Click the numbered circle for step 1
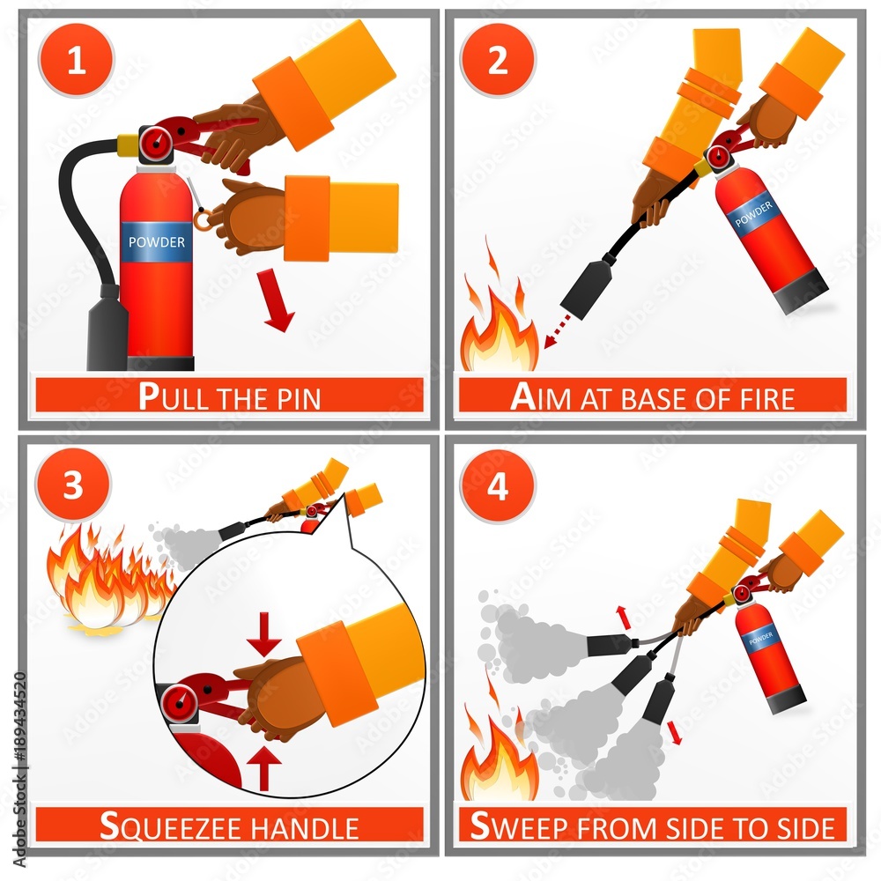(76, 60)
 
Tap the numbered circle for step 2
(498, 60)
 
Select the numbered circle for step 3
(73, 485)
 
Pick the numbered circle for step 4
(498, 485)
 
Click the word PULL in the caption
(174, 396)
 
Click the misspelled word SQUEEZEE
(171, 826)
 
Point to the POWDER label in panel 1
(157, 242)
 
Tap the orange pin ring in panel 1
(204, 219)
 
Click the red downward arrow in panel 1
(277, 300)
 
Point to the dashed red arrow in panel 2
(557, 332)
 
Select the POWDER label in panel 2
(753, 214)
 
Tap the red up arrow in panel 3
(263, 768)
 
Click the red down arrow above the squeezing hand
(263, 634)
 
